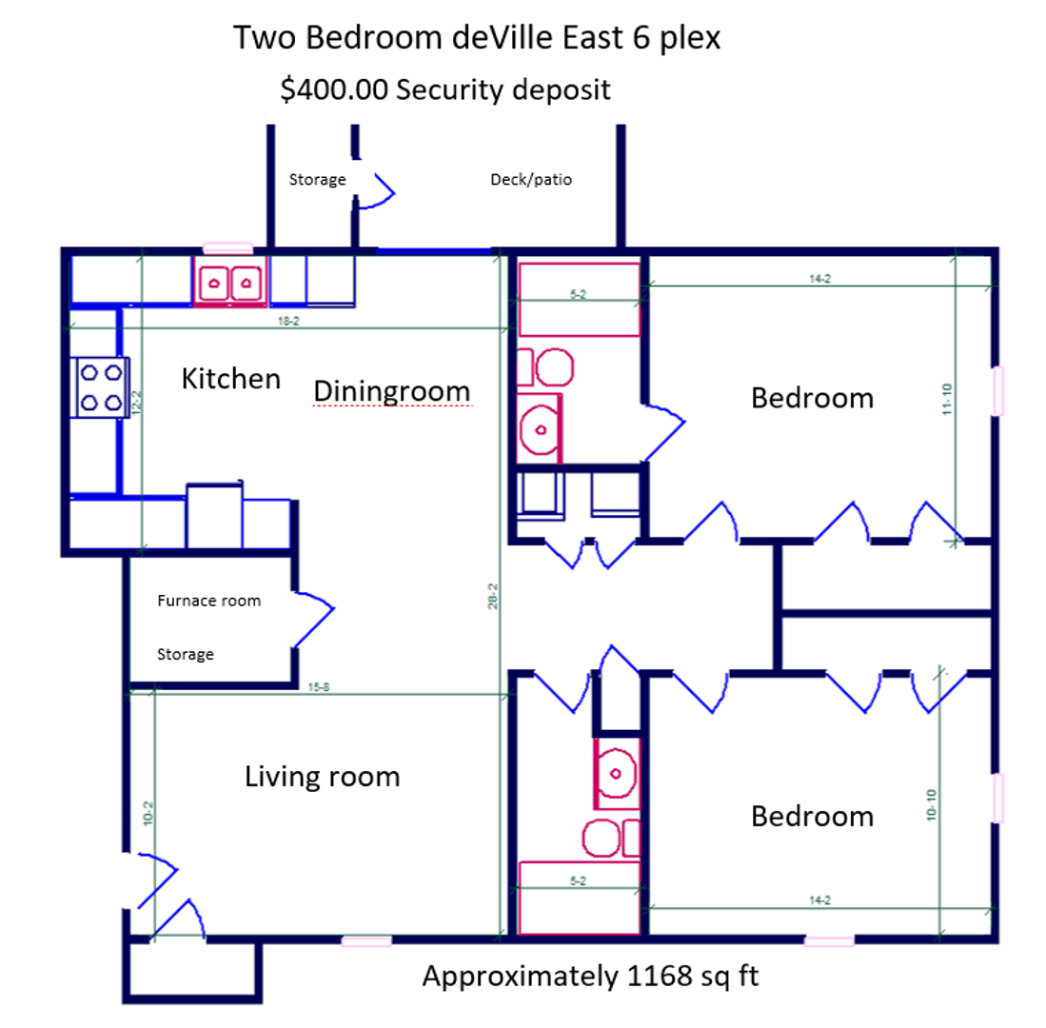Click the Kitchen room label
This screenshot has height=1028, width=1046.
point(231,379)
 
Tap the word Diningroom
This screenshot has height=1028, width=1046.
point(392,391)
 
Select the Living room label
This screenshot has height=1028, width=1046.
point(323,777)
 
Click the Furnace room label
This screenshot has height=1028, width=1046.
point(208,601)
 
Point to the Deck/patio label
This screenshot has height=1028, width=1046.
point(531,179)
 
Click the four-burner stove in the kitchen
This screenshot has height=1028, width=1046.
point(99,385)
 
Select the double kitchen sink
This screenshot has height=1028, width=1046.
point(229,282)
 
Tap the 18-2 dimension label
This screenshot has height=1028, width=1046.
point(289,322)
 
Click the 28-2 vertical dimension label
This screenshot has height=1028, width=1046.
point(493,605)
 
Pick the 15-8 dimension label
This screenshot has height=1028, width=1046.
point(319,688)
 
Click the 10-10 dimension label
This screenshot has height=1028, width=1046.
point(931,806)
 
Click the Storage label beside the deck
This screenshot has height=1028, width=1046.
point(317,179)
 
